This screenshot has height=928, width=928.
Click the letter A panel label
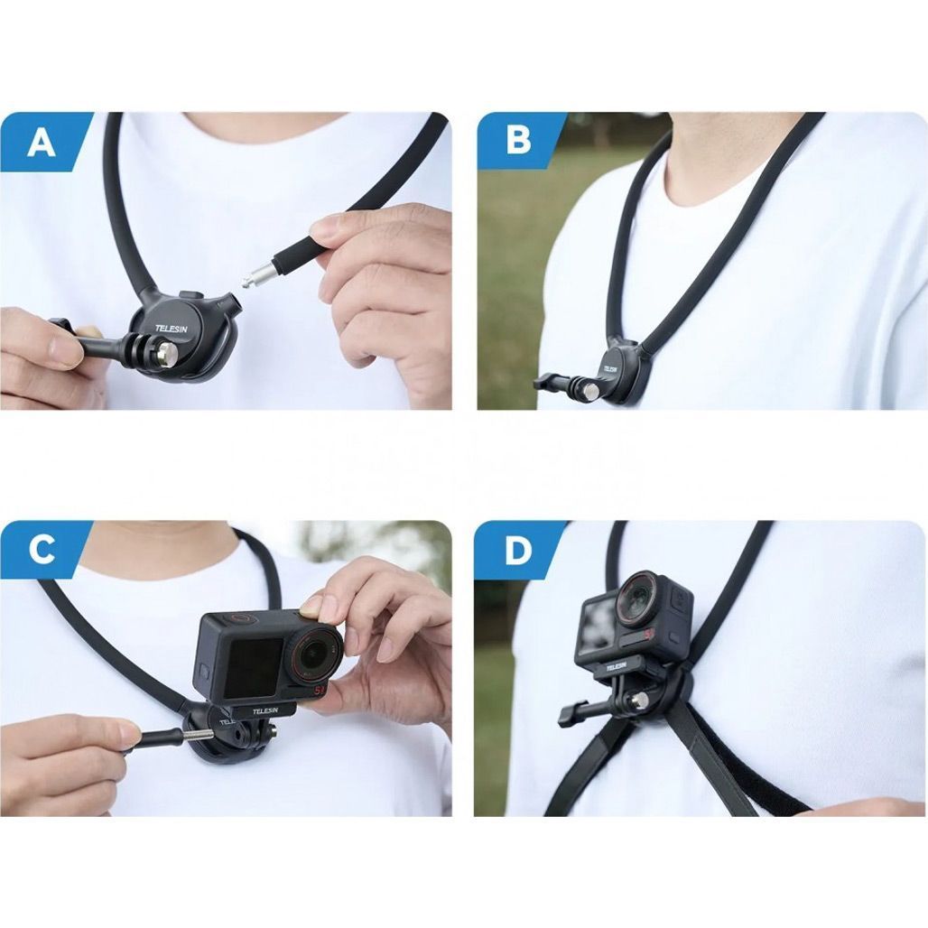click(42, 143)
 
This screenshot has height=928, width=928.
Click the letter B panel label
click(518, 142)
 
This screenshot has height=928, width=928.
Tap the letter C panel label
click(42, 550)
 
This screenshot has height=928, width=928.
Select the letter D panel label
click(518, 551)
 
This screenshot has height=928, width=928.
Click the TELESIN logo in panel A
click(171, 328)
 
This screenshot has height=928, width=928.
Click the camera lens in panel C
click(314, 654)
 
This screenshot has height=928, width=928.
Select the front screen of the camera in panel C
click(255, 667)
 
